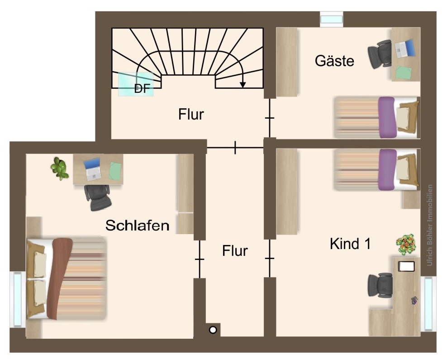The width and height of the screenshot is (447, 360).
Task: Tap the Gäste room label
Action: click(334, 61)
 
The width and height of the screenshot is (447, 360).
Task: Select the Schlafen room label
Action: click(138, 225)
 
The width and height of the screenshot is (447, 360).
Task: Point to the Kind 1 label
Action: click(350, 244)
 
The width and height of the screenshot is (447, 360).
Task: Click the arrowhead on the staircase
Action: click(243, 84)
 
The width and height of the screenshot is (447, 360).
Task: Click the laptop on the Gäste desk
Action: click(404, 48)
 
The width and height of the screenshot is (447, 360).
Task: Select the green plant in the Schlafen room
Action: click(60, 168)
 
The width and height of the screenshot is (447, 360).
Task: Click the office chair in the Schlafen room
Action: click(97, 197)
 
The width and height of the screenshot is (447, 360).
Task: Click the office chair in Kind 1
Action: click(380, 285)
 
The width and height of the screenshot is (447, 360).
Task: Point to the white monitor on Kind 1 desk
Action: click(406, 266)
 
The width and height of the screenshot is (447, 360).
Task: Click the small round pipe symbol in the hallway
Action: click(213, 330)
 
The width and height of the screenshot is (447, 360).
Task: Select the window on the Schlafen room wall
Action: click(18, 299)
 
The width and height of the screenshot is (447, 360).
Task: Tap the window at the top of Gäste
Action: click(332, 19)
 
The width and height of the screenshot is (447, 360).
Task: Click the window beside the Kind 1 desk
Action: click(428, 304)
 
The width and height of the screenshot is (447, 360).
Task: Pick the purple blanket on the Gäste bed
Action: click(387, 117)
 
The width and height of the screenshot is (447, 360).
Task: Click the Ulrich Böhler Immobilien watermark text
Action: click(430, 225)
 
